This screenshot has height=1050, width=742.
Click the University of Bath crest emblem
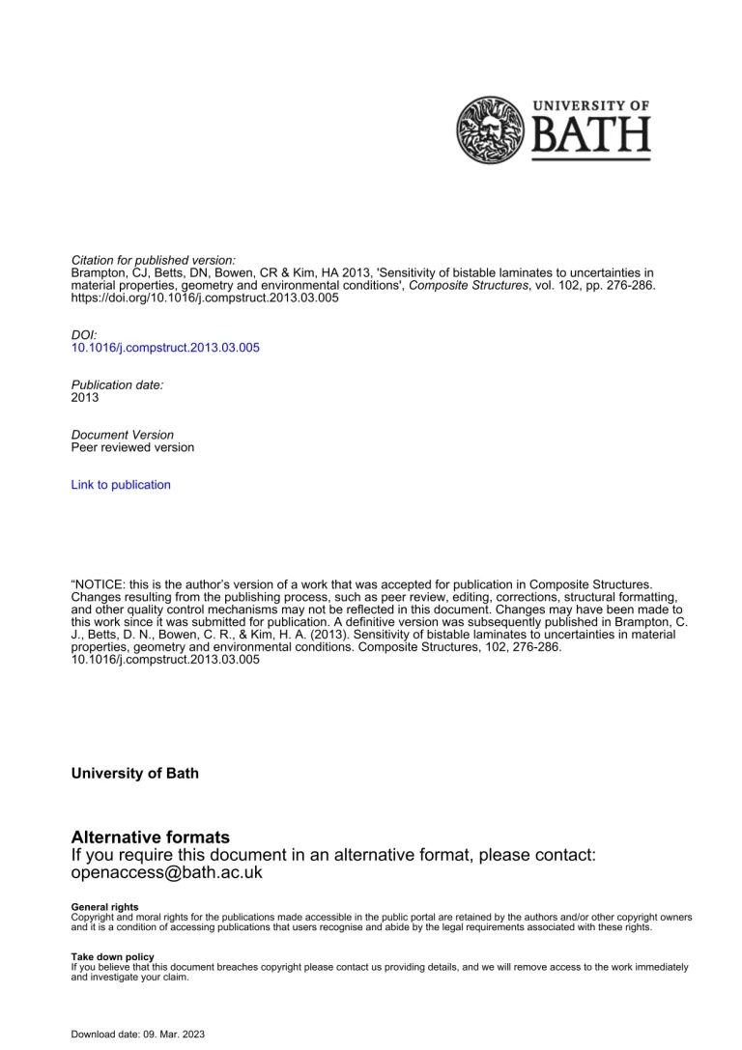(x=489, y=129)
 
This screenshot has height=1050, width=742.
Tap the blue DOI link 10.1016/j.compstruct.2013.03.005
(x=165, y=348)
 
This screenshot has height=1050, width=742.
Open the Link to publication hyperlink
(x=121, y=485)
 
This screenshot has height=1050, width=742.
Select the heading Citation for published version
(x=154, y=261)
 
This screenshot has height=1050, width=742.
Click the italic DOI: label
(x=85, y=334)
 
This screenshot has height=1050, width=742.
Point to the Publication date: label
(x=117, y=384)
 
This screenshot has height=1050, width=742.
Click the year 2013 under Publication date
(x=85, y=397)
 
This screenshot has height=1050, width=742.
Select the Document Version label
(x=123, y=435)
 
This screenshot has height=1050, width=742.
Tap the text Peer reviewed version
(x=132, y=447)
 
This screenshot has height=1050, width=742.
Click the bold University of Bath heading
(x=135, y=774)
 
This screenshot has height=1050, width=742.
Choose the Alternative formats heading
(x=151, y=837)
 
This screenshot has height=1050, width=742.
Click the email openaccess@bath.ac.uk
(x=167, y=872)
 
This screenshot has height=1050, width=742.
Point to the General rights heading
(x=100, y=907)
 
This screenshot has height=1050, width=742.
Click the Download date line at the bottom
(x=137, y=1034)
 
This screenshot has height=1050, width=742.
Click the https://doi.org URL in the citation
(x=205, y=298)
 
